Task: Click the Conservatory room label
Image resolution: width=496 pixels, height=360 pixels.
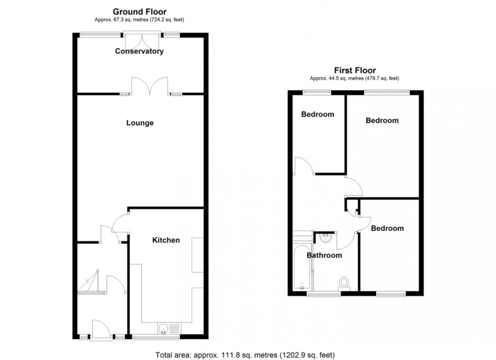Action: (x=139, y=51)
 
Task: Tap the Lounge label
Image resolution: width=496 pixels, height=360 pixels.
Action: (x=140, y=123)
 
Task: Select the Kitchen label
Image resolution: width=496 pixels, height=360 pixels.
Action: (x=166, y=240)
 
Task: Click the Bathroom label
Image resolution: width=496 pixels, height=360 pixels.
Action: (x=324, y=255)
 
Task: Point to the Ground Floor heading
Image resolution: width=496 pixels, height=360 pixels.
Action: (x=139, y=12)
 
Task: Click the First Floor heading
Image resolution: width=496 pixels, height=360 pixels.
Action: (x=355, y=71)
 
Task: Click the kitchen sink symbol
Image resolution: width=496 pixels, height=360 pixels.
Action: (x=164, y=329)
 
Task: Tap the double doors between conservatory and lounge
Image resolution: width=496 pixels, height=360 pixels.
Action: (x=149, y=86)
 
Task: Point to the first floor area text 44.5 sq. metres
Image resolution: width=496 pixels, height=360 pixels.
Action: (x=354, y=78)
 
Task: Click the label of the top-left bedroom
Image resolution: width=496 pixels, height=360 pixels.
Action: (x=317, y=114)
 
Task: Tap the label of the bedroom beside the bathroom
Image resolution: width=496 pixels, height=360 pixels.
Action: (x=387, y=229)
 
